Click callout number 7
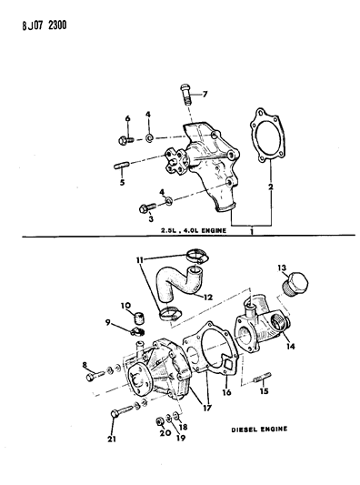point(205,95)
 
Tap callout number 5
point(121,181)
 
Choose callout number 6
point(127,119)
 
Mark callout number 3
point(141,217)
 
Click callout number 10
point(125,306)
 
